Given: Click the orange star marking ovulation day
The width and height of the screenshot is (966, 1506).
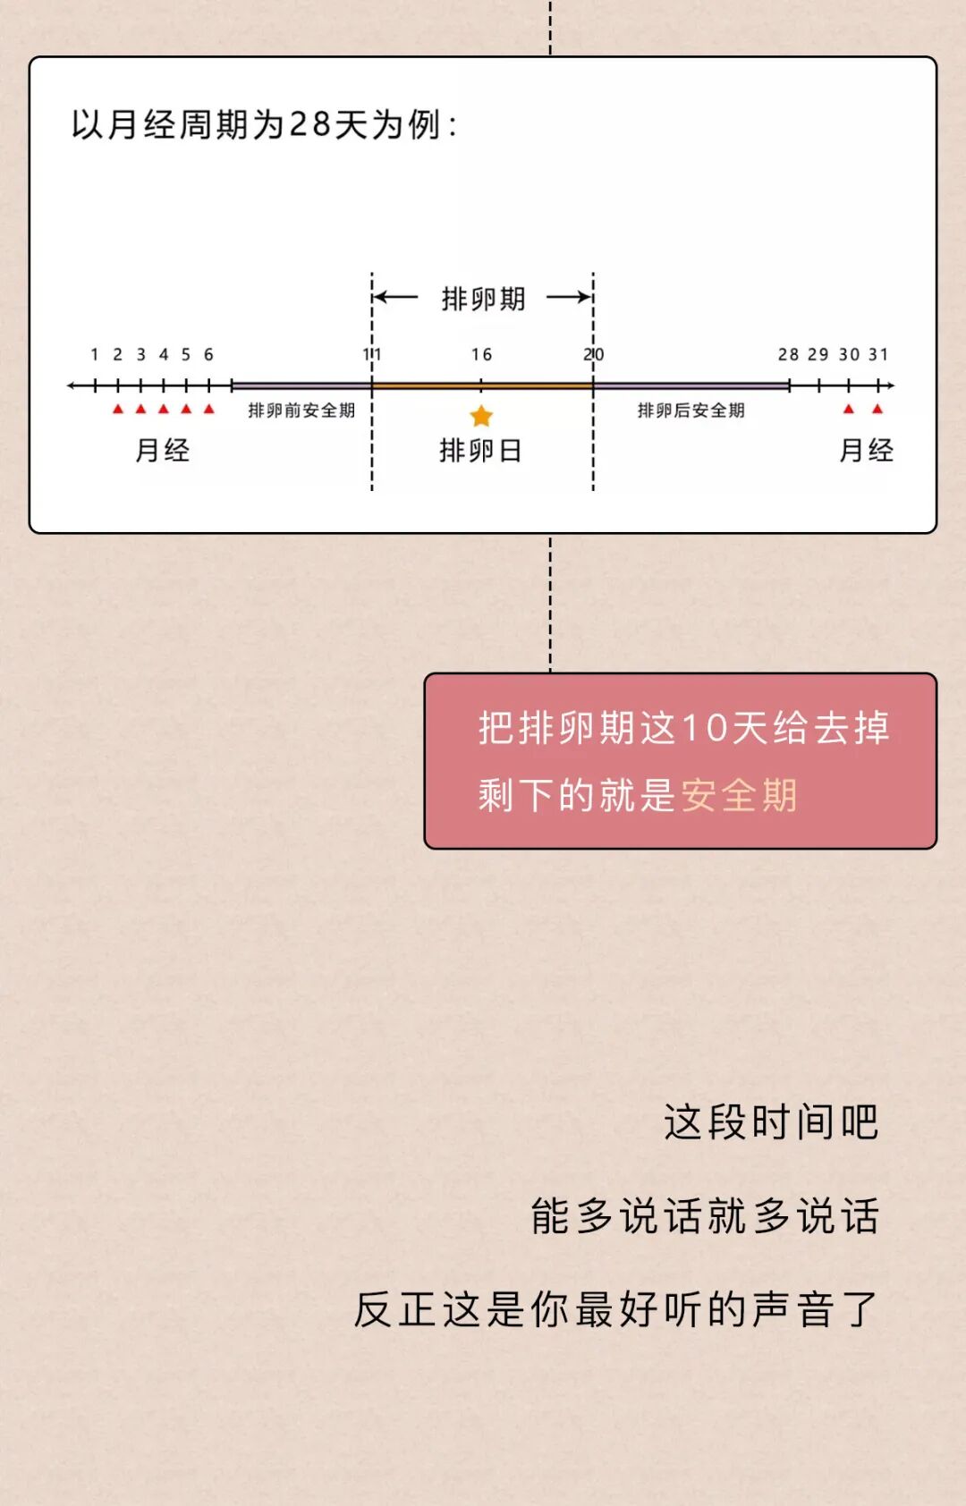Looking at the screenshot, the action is point(481,416).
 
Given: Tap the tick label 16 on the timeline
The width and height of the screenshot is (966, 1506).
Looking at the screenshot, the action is point(481,355).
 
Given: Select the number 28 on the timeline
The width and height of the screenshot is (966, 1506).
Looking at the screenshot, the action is point(788,355).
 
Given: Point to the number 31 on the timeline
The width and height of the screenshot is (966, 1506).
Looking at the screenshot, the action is point(878,355).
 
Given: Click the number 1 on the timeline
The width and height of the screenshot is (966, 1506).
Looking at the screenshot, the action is point(95,355).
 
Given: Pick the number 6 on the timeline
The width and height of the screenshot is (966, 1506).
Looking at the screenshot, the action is point(208,355).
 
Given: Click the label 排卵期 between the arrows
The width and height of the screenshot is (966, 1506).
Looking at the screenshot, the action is point(483,299).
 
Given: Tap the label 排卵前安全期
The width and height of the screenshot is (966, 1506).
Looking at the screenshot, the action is point(301,410).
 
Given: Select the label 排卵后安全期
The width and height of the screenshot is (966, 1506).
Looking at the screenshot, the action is point(691,410).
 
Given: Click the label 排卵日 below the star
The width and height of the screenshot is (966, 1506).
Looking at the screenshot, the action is point(480,451).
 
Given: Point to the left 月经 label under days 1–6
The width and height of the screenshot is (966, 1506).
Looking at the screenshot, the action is point(162,450).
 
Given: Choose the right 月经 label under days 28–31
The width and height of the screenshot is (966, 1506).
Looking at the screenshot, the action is point(866,450).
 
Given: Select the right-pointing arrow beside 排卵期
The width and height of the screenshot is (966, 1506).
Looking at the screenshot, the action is point(570,297).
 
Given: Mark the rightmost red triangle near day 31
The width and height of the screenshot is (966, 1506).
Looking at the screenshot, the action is point(877,410).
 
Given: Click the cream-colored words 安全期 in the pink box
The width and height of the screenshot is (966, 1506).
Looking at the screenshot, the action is point(739,795).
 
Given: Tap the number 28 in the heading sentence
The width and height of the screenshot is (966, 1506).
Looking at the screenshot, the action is point(309,124).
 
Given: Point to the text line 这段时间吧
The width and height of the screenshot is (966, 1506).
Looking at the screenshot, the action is point(771,1122).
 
